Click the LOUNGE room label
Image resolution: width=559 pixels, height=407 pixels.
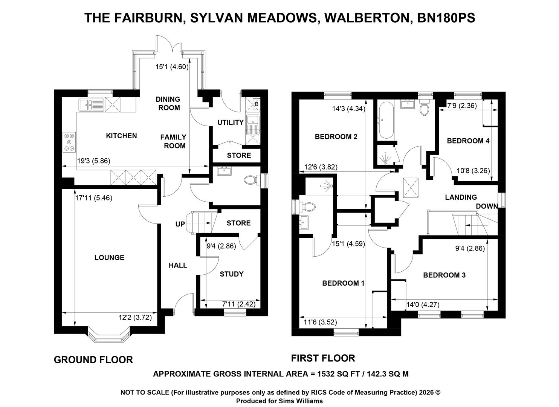(109, 257)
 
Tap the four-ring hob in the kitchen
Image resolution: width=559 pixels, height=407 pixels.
(69, 142)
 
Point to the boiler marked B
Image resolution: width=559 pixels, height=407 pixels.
(256, 104)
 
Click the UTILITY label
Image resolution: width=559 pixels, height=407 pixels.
(230, 122)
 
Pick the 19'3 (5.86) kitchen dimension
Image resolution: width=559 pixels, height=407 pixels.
(93, 161)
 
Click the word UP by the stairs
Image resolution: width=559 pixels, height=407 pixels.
(180, 224)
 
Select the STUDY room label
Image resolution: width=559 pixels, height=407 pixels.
(231, 274)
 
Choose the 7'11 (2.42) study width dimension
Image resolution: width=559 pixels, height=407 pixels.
(238, 304)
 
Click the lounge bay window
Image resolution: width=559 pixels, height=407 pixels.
(108, 335)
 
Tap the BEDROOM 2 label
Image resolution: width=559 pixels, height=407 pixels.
(336, 136)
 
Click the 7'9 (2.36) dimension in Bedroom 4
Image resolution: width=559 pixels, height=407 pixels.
(462, 106)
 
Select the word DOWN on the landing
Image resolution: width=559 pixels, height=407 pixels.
(487, 206)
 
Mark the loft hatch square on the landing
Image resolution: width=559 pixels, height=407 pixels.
(411, 188)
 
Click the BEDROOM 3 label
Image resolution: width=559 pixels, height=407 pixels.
(444, 275)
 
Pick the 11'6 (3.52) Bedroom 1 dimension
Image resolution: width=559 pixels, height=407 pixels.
(321, 322)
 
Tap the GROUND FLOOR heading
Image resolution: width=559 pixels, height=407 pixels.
(93, 360)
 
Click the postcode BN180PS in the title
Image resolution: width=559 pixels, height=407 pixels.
(446, 18)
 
